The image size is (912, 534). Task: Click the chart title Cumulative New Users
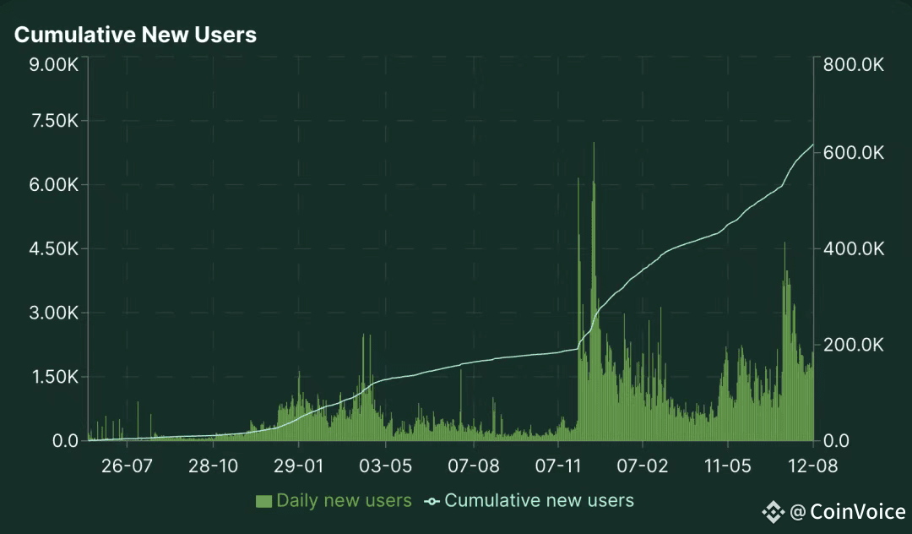pyautogui.click(x=135, y=35)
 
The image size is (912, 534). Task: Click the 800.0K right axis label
pyautogui.click(x=853, y=64)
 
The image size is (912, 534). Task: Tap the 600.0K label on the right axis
pyautogui.click(x=853, y=153)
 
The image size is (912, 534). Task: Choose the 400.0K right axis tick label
pyautogui.click(x=853, y=249)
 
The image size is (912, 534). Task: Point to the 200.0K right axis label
pyautogui.click(x=853, y=345)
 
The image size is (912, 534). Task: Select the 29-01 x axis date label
pyautogui.click(x=299, y=466)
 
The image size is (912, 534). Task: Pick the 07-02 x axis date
pyautogui.click(x=643, y=466)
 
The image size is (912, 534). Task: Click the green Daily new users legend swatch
pyautogui.click(x=263, y=501)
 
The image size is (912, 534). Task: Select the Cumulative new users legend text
pyautogui.click(x=539, y=500)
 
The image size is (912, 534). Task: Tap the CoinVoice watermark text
pyautogui.click(x=856, y=511)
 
